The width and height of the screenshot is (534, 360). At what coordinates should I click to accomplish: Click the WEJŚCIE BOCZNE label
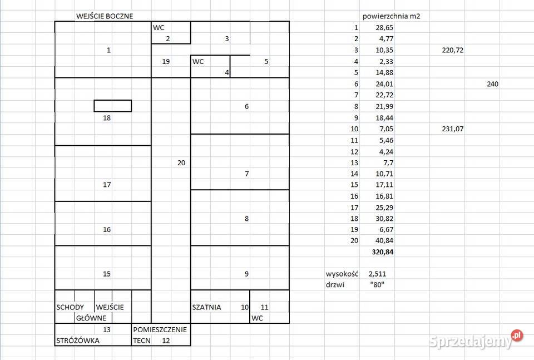pos(105,16)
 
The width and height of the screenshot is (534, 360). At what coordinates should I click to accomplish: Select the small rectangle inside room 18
pos(113,100)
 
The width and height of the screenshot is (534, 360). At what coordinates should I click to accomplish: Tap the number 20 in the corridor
pos(181,163)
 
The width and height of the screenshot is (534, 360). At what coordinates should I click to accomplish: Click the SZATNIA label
pos(206,307)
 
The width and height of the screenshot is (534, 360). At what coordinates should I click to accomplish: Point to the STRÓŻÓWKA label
pos(78,341)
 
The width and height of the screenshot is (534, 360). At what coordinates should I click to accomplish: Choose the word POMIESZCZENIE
pos(160,330)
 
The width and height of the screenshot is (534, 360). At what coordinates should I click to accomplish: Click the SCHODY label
pos(70,307)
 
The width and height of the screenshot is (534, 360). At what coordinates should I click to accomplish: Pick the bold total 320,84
pos(383,252)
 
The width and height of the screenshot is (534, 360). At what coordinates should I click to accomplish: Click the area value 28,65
pos(384,28)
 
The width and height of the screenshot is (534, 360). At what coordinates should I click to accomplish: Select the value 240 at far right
pos(492,84)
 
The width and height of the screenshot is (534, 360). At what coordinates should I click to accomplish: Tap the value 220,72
pos(453,51)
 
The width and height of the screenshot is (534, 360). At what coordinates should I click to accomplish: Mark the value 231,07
pos(453,129)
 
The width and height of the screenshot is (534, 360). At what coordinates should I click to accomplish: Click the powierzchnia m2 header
pos(391,16)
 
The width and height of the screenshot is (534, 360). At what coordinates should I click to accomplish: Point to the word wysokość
pos(342,274)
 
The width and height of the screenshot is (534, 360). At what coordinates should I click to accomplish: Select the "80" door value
pos(377,285)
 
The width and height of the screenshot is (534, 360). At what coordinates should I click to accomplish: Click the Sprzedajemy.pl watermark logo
pos(476,339)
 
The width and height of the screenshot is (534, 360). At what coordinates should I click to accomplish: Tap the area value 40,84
pos(384,241)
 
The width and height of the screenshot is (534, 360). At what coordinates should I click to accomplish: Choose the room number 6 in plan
pos(246,107)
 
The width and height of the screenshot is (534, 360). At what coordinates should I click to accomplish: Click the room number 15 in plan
pos(107,274)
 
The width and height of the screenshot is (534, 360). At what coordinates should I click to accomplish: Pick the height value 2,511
pos(377,274)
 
